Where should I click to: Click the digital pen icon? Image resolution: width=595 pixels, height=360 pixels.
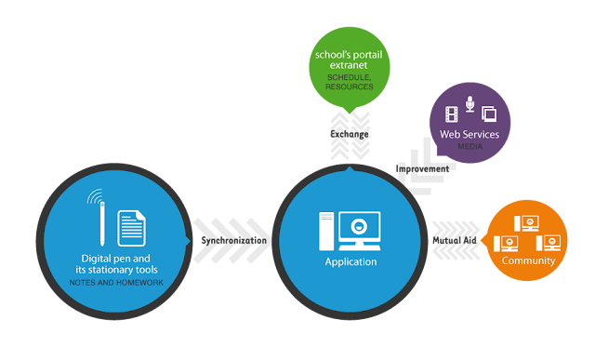pyautogui.click(x=102, y=223)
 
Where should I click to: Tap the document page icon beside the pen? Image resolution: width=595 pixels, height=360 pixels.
pyautogui.click(x=131, y=228)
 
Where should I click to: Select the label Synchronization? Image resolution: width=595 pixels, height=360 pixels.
pyautogui.click(x=233, y=240)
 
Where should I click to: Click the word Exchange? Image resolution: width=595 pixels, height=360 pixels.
pyautogui.click(x=350, y=134)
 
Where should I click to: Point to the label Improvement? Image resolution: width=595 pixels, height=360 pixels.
pyautogui.click(x=422, y=168)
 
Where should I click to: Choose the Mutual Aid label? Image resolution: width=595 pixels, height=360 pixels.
pyautogui.click(x=455, y=240)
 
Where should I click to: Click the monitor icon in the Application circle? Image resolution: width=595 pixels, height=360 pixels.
pyautogui.click(x=360, y=231)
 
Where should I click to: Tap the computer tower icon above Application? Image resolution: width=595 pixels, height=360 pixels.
pyautogui.click(x=326, y=231)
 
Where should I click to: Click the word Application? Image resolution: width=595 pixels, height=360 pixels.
pyautogui.click(x=351, y=261)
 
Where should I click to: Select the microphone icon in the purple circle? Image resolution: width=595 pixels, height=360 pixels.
pyautogui.click(x=469, y=103)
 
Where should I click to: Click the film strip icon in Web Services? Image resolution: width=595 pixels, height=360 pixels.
pyautogui.click(x=451, y=114)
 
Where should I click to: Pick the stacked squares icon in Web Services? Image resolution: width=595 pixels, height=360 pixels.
pyautogui.click(x=489, y=113)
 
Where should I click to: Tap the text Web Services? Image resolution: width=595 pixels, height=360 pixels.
pyautogui.click(x=469, y=134)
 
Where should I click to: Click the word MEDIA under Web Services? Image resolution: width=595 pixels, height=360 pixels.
pyautogui.click(x=469, y=146)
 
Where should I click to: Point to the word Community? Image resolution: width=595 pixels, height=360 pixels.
pyautogui.click(x=528, y=260)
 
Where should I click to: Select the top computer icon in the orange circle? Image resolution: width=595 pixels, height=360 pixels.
pyautogui.click(x=526, y=223)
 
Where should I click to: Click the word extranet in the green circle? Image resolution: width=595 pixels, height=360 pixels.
pyautogui.click(x=349, y=65)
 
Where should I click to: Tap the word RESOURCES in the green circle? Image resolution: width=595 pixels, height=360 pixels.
pyautogui.click(x=350, y=87)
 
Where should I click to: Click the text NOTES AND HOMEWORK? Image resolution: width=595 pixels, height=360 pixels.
pyautogui.click(x=116, y=283)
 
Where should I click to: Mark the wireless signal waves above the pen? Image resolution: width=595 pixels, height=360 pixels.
pyautogui.click(x=95, y=196)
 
